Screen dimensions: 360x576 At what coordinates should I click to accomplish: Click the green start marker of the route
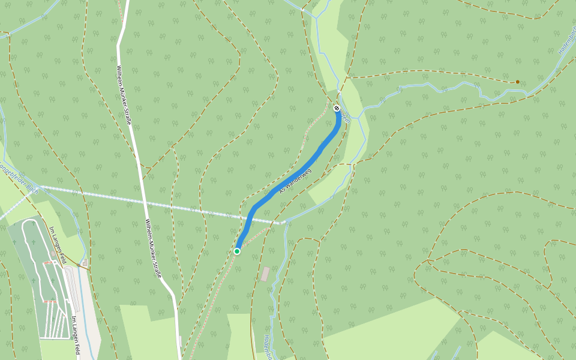[237, 251]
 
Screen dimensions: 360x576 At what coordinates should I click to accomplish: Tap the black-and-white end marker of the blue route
[337, 108]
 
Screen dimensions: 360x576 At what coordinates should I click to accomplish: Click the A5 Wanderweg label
[295, 180]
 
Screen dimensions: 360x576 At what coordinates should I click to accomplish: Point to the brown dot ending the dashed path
[518, 82]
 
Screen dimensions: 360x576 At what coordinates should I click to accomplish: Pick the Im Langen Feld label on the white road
[75, 335]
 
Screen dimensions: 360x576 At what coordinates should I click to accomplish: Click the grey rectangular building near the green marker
[265, 274]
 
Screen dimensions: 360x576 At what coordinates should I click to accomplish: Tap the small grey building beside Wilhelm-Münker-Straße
[179, 341]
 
